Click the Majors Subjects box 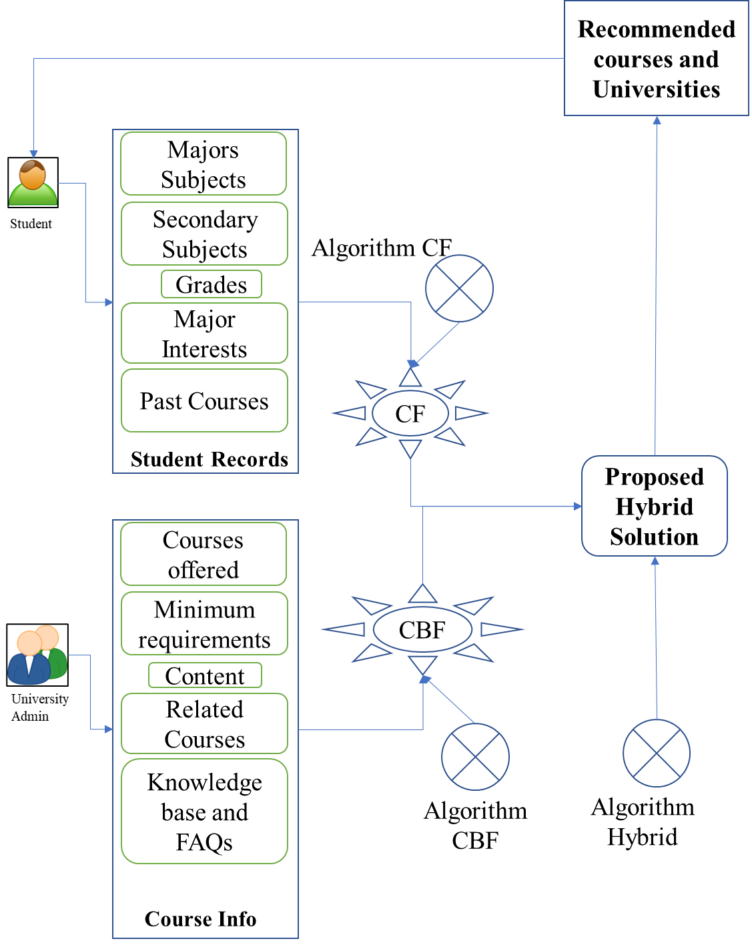click(204, 164)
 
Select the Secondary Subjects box click(204, 234)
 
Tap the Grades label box click(212, 284)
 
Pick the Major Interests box click(204, 334)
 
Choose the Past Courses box click(204, 401)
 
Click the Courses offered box click(204, 555)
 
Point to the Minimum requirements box click(204, 624)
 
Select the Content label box click(205, 675)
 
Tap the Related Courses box click(204, 724)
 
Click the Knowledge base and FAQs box click(204, 812)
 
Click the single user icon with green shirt click(33, 183)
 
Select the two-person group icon click(37, 655)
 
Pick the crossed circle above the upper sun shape click(459, 288)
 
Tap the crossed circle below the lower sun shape click(475, 757)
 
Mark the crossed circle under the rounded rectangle click(656, 753)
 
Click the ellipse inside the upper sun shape click(410, 413)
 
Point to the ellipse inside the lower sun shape click(422, 629)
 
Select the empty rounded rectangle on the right click(655, 506)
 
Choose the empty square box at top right click(657, 58)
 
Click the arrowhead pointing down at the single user click(34, 154)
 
